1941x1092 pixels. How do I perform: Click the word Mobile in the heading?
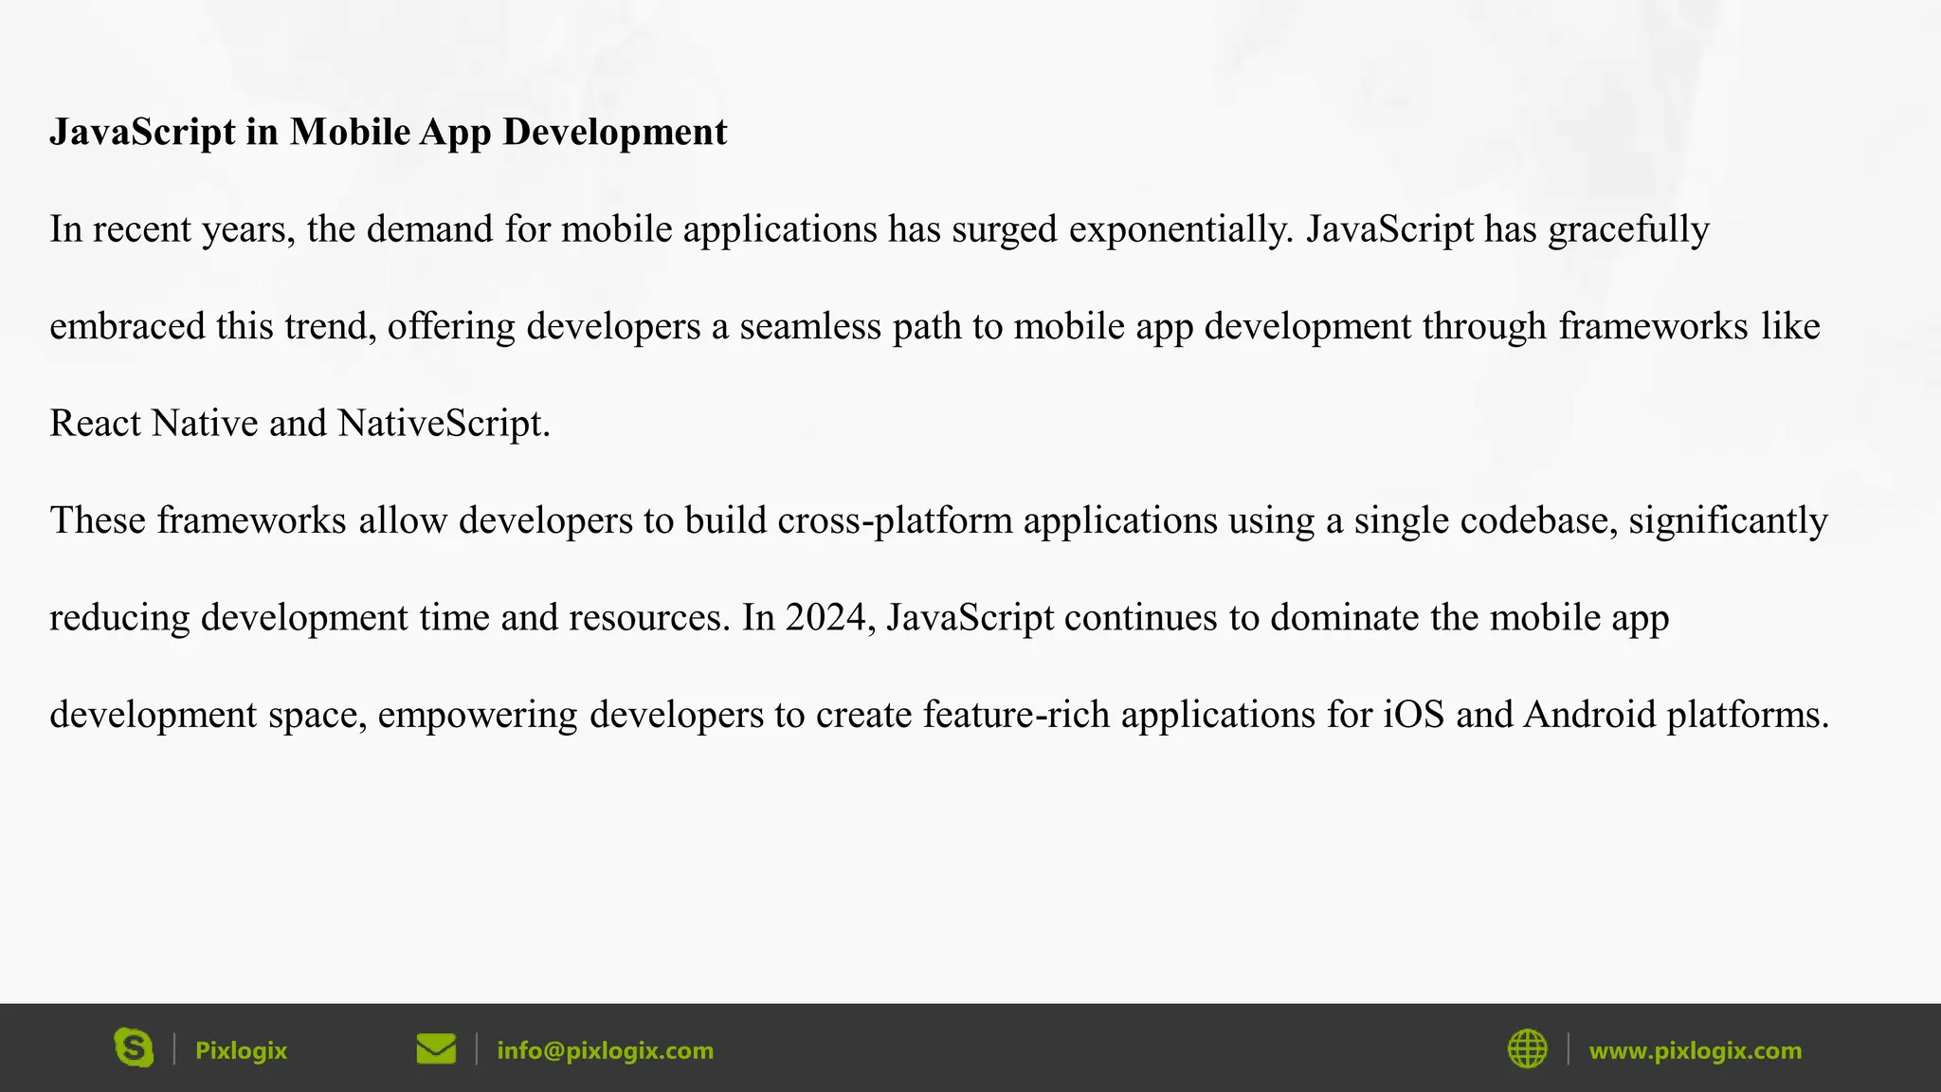(x=350, y=132)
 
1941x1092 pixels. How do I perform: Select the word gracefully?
(x=1628, y=230)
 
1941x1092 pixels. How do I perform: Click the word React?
(x=95, y=424)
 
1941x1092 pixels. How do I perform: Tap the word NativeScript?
(x=443, y=424)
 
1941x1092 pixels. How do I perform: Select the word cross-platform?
(x=895, y=521)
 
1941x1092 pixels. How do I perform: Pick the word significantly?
(x=1728, y=521)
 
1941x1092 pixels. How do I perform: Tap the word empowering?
(x=478, y=716)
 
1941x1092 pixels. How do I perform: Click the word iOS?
(x=1414, y=716)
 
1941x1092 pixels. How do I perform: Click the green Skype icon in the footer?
(x=134, y=1048)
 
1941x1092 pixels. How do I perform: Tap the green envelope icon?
(x=436, y=1049)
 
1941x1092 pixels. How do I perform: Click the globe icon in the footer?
(x=1527, y=1049)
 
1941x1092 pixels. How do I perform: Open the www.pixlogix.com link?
(x=1695, y=1051)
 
